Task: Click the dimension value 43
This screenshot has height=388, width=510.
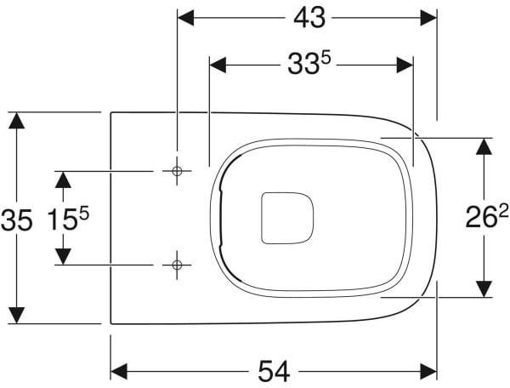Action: pos(309,18)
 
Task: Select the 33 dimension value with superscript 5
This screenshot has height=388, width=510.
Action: pos(309,64)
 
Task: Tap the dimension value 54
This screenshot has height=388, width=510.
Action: pos(274,372)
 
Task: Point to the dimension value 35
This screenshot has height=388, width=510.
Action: pos(17,220)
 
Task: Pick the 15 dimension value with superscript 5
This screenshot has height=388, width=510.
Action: pos(68,219)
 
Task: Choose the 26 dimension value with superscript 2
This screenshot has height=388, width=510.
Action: pos(487,216)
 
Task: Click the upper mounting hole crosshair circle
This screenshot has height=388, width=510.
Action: pos(177,171)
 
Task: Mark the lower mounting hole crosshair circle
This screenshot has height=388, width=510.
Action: pos(177,265)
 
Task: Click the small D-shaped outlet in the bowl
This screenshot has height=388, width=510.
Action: pos(287,218)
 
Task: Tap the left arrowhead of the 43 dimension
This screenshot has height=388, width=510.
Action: pos(186,18)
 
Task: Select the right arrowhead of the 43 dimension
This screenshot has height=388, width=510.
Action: pos(428,18)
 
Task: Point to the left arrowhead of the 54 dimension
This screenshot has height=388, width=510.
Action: pos(119,372)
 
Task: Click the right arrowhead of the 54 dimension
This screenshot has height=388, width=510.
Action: pos(428,372)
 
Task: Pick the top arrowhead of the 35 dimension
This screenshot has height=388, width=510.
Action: pos(17,121)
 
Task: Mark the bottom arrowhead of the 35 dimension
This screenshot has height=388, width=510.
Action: pos(17,315)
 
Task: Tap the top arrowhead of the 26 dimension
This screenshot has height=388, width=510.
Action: pos(484,146)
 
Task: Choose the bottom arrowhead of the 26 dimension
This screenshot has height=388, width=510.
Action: pos(484,288)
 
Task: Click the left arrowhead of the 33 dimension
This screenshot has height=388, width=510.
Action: pos(218,66)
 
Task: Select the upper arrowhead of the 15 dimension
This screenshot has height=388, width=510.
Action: pos(63,180)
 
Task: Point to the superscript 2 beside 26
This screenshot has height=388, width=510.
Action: pos(503,213)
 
